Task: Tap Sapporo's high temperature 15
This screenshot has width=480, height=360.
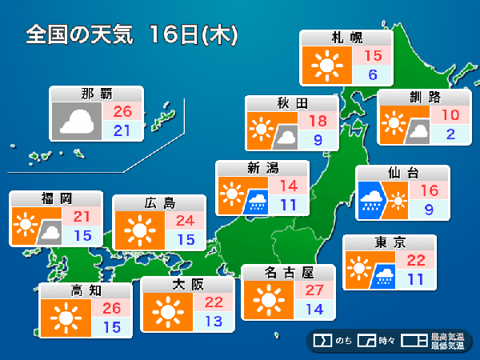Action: point(373,56)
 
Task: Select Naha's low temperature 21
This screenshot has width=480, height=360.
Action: point(122,130)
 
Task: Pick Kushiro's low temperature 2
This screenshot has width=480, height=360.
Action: point(450,134)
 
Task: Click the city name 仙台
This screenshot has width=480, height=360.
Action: point(402,173)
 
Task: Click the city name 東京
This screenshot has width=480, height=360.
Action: point(390,242)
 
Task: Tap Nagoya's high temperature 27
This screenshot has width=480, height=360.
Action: point(314,290)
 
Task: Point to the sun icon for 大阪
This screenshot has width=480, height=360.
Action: point(166,311)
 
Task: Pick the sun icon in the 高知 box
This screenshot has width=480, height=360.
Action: point(65,317)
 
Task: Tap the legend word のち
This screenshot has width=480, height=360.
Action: point(343,341)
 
